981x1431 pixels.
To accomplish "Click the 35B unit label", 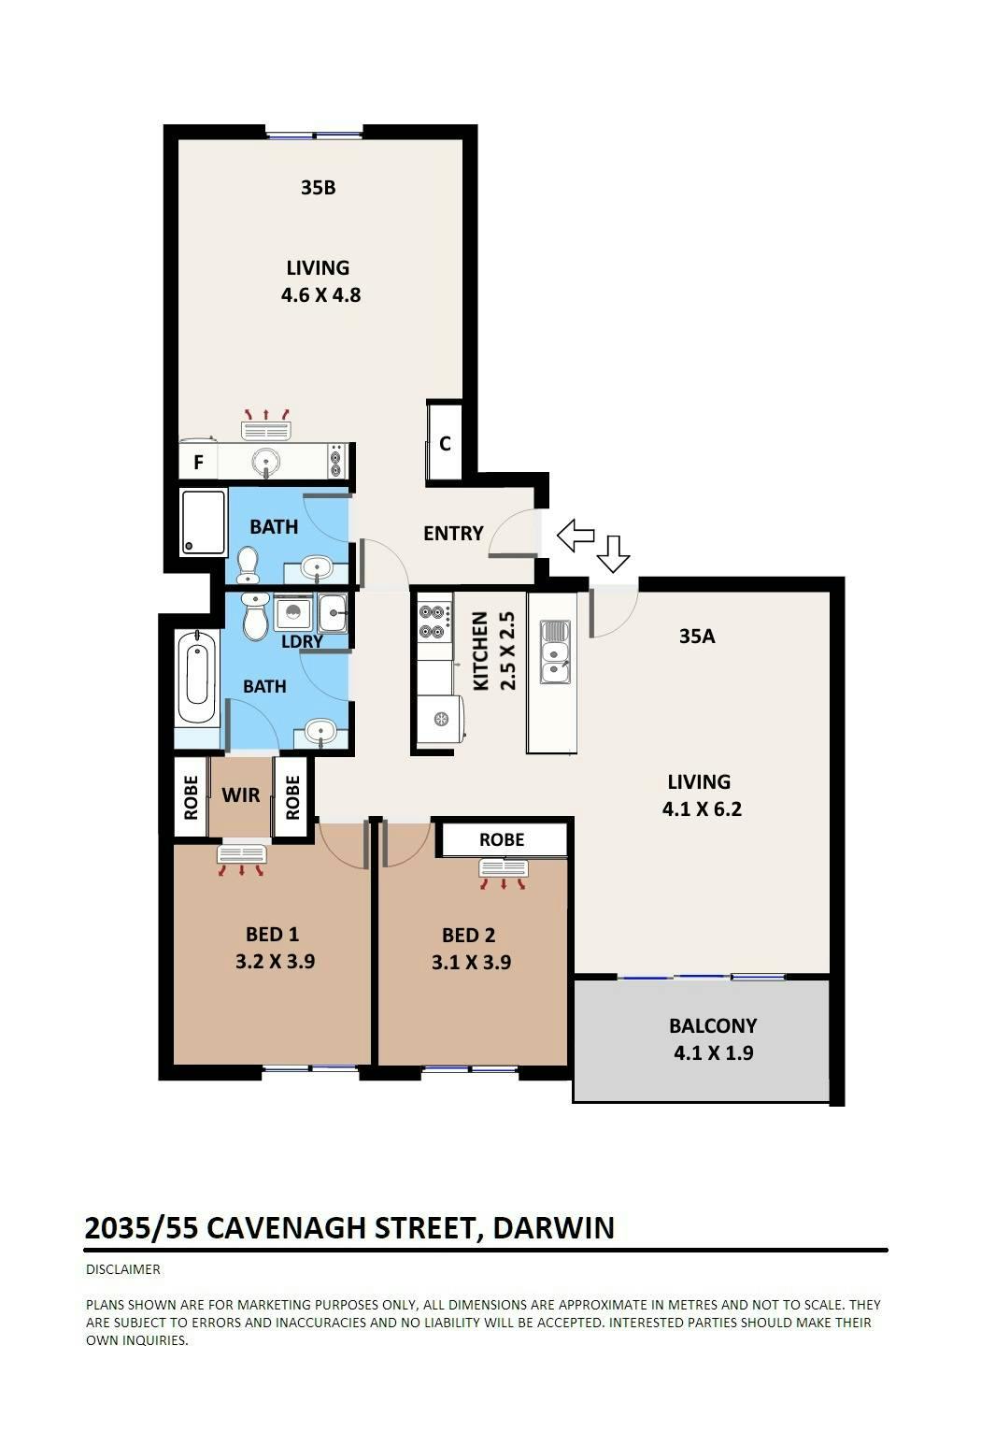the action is click(318, 187).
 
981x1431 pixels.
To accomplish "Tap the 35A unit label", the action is click(697, 636).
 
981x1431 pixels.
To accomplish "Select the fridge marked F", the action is click(199, 462).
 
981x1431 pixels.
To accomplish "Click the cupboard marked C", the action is click(445, 443).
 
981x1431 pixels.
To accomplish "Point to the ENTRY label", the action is click(453, 533).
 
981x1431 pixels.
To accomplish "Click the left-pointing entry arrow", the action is click(576, 535).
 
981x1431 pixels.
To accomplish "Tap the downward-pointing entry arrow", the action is click(614, 553).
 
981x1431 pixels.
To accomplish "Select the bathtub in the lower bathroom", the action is click(197, 678).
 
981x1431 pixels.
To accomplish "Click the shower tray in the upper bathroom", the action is click(204, 522).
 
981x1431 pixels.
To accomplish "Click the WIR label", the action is click(241, 795).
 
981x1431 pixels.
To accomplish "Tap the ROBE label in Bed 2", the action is click(502, 839).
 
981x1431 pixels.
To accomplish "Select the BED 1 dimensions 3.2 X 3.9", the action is click(276, 962).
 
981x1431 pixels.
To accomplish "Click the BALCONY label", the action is click(714, 1026).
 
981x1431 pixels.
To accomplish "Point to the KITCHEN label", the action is click(480, 651).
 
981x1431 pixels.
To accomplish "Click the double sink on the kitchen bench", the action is click(555, 651).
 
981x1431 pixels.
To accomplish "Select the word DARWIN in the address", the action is click(554, 1228).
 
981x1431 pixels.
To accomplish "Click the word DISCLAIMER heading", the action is click(123, 1269).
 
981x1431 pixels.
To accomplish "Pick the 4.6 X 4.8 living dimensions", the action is click(321, 295).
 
